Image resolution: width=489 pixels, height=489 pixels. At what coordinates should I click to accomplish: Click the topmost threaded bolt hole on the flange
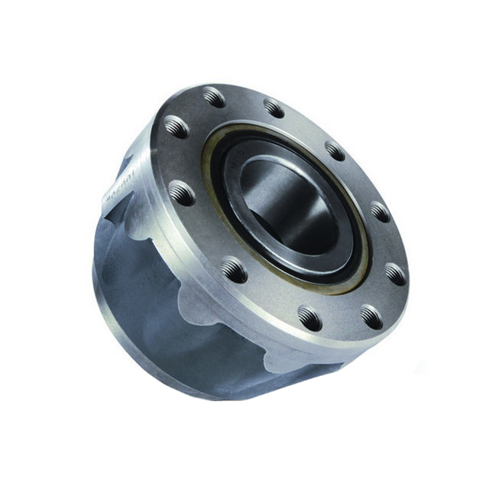point(215,97)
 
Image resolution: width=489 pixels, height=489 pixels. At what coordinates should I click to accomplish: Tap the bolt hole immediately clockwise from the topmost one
point(274,108)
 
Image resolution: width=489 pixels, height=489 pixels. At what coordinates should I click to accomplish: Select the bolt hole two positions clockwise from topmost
point(334,151)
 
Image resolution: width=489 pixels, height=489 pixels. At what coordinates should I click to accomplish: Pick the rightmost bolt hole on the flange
point(395,273)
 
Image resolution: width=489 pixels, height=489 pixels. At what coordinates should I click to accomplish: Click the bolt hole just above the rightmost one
point(380,211)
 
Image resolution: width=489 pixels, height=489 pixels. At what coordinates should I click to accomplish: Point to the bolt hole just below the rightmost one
point(371,316)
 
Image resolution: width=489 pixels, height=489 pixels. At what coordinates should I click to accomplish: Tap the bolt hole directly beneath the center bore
point(310,317)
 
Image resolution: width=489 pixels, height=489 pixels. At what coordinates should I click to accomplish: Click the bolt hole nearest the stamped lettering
point(182,193)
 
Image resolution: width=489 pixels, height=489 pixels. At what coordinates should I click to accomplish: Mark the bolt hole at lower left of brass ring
point(234,269)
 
